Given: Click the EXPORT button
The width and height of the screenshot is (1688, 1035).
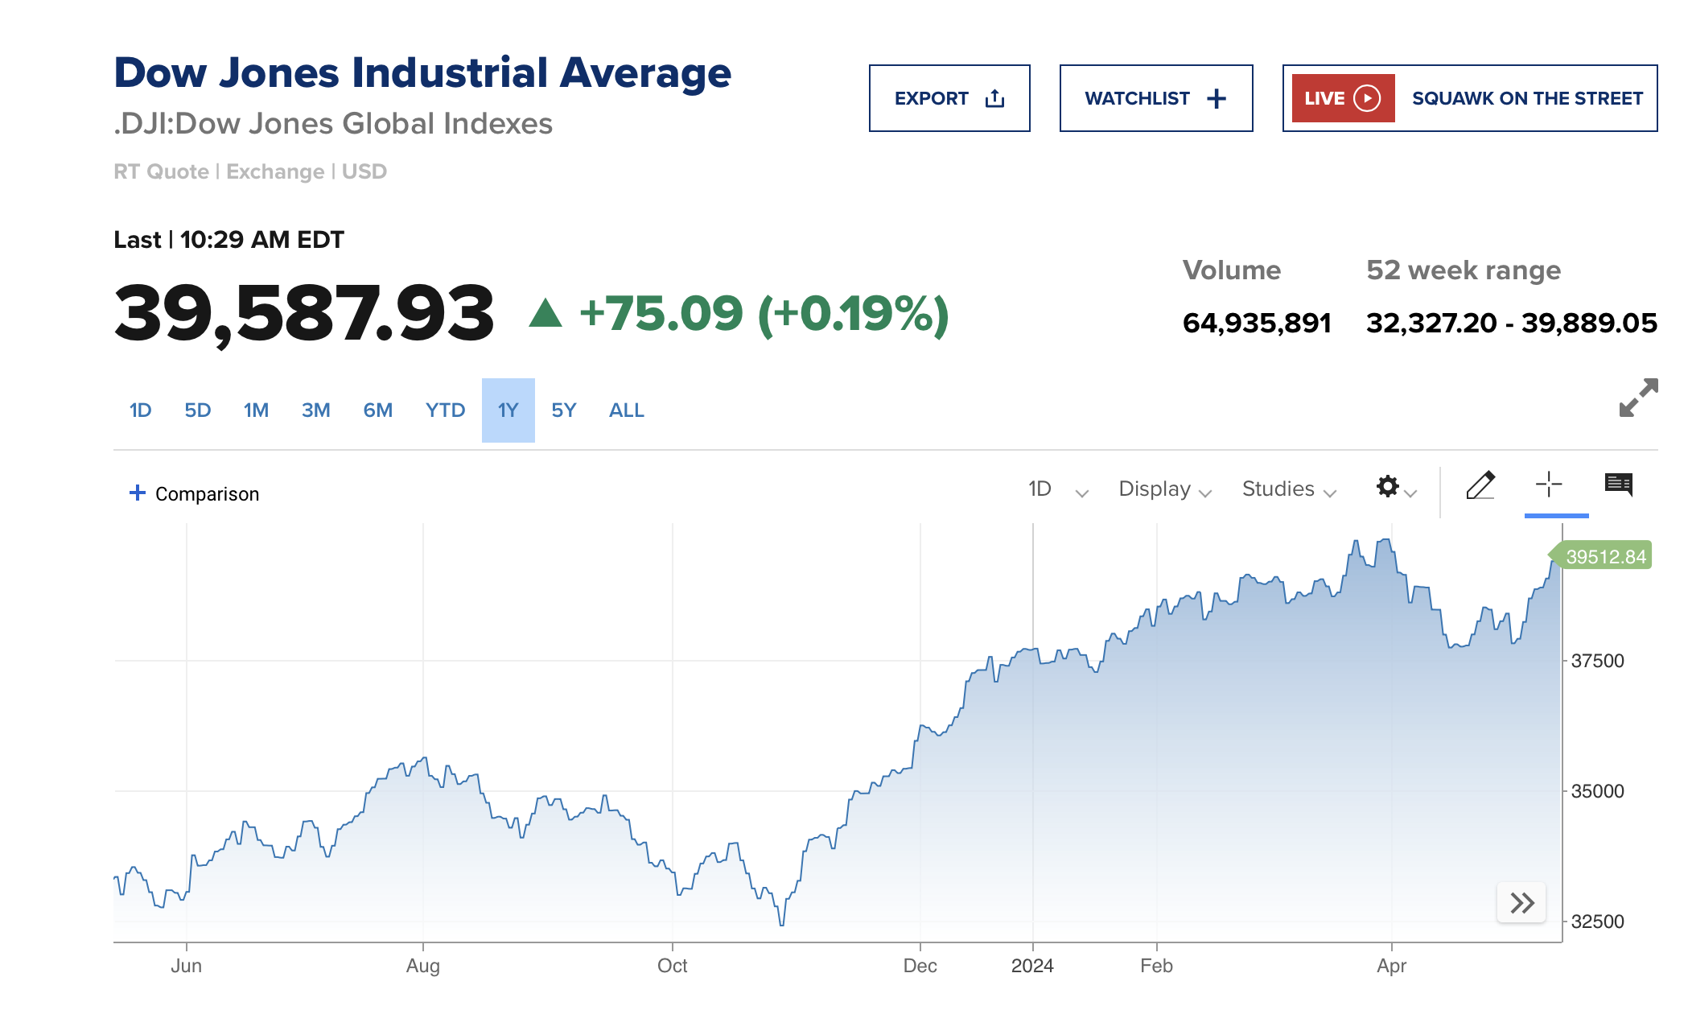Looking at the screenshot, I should [949, 98].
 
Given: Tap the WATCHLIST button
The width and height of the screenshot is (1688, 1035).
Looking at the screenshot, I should [1155, 98].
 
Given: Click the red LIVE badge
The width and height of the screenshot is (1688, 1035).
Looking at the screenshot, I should [1342, 98].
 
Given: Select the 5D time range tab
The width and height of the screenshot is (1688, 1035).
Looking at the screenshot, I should [197, 410].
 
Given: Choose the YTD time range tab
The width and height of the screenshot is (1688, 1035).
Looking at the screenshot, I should [445, 410].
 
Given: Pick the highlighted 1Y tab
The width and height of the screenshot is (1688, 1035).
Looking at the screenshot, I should [508, 410].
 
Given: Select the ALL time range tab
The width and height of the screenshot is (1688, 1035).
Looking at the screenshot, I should [626, 410].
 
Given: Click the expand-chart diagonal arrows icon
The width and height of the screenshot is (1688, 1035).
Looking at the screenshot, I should [1638, 398].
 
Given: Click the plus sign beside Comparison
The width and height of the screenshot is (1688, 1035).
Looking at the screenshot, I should [138, 493].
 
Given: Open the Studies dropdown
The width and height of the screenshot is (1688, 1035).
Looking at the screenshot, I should [1288, 489].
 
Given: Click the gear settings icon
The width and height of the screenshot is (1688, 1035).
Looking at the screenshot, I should [1388, 486].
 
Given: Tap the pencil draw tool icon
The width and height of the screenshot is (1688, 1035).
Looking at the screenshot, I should [1480, 485].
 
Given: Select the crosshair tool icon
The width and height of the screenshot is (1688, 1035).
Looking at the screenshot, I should [1548, 485].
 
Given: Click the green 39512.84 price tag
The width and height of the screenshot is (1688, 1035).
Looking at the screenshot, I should [1604, 556].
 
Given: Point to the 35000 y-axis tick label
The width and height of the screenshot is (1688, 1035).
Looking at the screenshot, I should [1597, 791].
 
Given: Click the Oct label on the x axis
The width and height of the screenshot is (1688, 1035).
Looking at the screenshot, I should [672, 966].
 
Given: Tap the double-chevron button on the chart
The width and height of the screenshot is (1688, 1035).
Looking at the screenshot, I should [1521, 903].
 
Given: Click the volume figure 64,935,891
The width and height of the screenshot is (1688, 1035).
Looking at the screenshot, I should [1257, 323].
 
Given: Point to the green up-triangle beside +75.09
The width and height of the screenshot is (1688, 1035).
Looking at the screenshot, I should [546, 313].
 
